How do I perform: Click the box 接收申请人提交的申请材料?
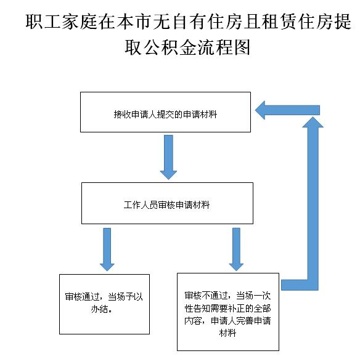click(165, 112)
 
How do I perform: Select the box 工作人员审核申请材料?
click(167, 203)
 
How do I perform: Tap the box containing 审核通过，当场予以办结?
click(104, 304)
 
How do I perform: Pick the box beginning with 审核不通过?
click(227, 312)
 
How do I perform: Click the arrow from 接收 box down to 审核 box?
click(168, 157)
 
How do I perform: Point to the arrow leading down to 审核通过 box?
click(107, 249)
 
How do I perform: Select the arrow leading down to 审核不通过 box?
click(236, 249)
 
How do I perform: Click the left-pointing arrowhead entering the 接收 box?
click(260, 110)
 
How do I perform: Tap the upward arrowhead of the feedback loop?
click(313, 122)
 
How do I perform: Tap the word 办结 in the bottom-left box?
click(99, 309)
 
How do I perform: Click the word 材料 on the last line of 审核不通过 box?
click(227, 333)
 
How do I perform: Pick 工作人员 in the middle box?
click(141, 205)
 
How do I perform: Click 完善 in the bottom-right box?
click(245, 321)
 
